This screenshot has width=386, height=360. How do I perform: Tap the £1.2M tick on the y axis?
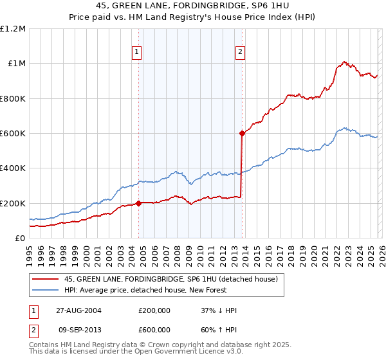pyautogui.click(x=13, y=29)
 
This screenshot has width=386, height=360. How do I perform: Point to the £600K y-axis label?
pyautogui.click(x=13, y=134)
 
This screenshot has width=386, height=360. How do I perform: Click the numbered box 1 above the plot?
pyautogui.click(x=138, y=53)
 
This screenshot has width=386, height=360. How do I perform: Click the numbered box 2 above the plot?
pyautogui.click(x=240, y=53)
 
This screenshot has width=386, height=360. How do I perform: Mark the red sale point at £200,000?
pyautogui.click(x=138, y=203)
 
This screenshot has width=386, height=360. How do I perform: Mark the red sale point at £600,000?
pyautogui.click(x=242, y=134)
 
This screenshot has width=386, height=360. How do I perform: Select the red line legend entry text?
pyautogui.click(x=170, y=279)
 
